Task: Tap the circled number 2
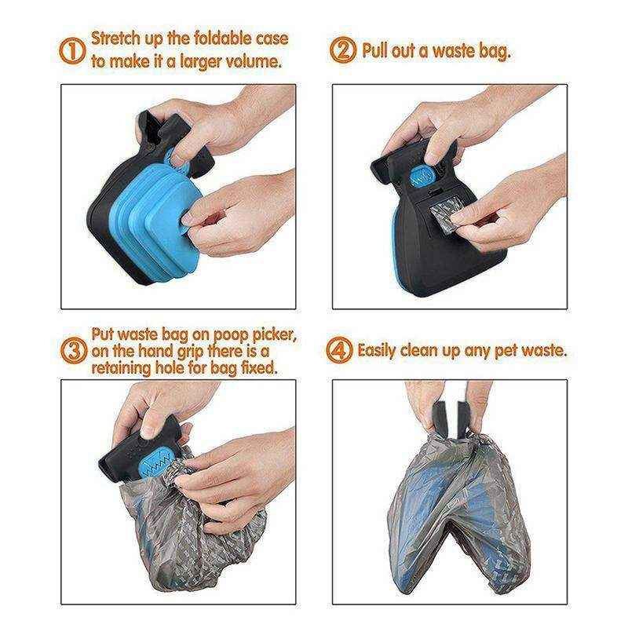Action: pos(343,51)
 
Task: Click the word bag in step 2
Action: pos(492,51)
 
